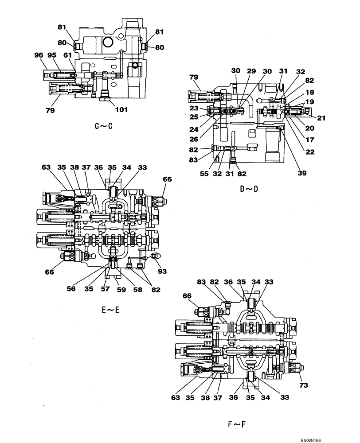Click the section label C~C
[104, 126]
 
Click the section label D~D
[249, 189]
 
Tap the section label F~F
[236, 425]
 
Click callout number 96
[39, 55]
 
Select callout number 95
[52, 55]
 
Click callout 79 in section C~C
[50, 110]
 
